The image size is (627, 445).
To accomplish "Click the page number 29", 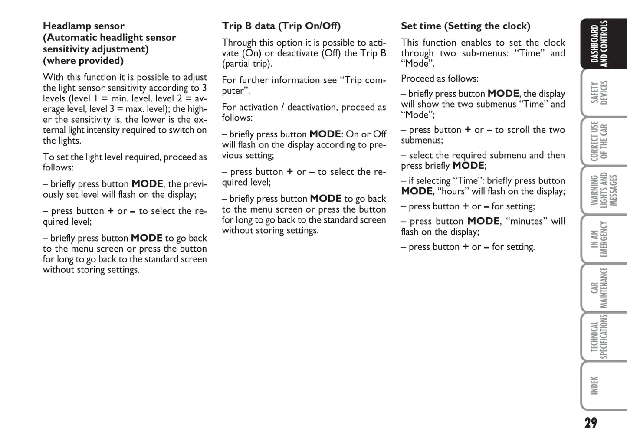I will pyautogui.click(x=590, y=422).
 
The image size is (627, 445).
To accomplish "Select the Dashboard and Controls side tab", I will pyautogui.click(x=599, y=44).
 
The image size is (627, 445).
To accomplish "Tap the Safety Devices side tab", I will pyautogui.click(x=599, y=92).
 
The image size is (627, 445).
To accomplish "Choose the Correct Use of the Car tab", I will pyautogui.click(x=599, y=141).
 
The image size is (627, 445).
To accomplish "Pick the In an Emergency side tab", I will pyautogui.click(x=599, y=239).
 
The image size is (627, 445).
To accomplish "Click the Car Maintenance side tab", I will pyautogui.click(x=599, y=288).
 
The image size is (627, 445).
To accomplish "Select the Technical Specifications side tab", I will pyautogui.click(x=599, y=337).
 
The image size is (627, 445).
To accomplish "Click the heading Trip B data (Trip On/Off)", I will pyautogui.click(x=281, y=26).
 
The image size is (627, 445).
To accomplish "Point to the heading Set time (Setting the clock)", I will pyautogui.click(x=465, y=26).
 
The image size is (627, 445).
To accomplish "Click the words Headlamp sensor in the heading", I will pyautogui.click(x=83, y=26).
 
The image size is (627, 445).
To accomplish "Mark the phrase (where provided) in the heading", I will pyautogui.click(x=83, y=61).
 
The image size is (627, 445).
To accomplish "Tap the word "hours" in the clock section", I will pyautogui.click(x=453, y=191).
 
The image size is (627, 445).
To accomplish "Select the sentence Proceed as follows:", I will pyautogui.click(x=440, y=79).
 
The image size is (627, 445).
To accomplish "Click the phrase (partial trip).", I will pyautogui.click(x=247, y=64).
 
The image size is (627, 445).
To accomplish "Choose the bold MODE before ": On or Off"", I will pyautogui.click(x=325, y=134).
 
